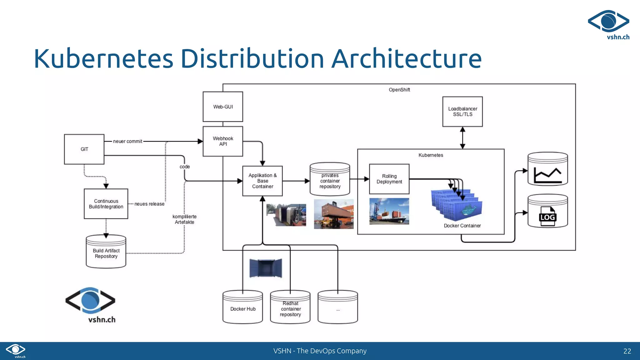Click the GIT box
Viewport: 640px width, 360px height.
click(x=84, y=149)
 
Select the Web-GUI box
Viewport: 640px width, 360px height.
click(x=223, y=107)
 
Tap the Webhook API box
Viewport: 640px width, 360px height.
click(x=223, y=141)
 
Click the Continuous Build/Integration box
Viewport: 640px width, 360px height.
click(x=106, y=204)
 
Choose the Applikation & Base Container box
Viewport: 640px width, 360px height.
click(x=262, y=181)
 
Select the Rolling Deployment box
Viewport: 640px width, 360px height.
click(x=389, y=179)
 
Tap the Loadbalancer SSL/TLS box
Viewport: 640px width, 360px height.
click(x=462, y=112)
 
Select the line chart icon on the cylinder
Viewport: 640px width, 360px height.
click(x=547, y=175)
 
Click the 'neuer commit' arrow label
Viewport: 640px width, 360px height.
click(x=127, y=141)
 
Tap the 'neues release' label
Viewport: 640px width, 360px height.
click(x=149, y=204)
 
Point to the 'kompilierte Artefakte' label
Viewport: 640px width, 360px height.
click(x=184, y=219)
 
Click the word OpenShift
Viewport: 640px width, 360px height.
click(x=399, y=90)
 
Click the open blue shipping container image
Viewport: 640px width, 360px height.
click(x=266, y=268)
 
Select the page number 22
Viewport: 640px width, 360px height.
click(x=627, y=351)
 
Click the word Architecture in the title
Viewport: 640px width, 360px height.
click(x=406, y=58)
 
